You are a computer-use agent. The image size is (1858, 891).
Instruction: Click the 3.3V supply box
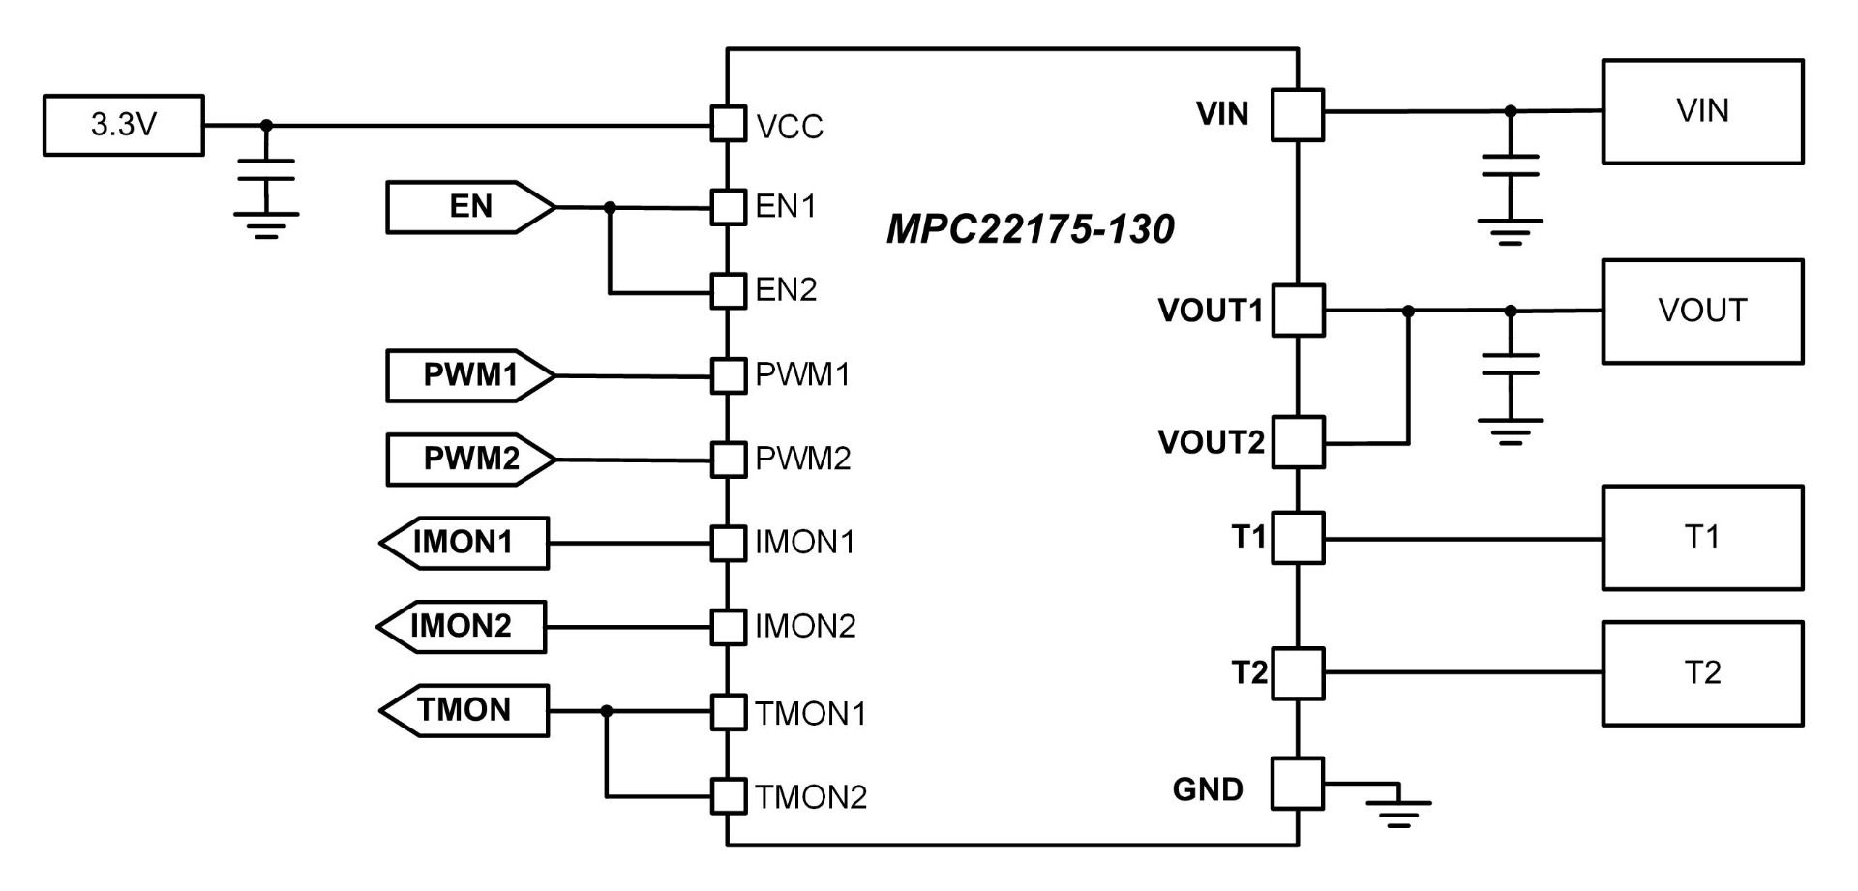click(124, 125)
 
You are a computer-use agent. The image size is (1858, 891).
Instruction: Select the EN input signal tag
click(470, 207)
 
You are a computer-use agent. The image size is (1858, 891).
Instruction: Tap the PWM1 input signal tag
click(470, 375)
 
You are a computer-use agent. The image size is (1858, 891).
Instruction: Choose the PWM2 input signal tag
click(470, 459)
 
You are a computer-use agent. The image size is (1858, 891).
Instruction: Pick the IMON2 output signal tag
click(462, 627)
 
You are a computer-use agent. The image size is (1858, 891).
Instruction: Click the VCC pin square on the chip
click(728, 124)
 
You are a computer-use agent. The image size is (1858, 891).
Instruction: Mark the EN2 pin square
click(728, 290)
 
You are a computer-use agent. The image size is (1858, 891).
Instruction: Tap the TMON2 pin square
click(728, 796)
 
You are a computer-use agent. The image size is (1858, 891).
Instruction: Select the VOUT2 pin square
click(1298, 442)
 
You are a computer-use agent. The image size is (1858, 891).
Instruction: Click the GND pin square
click(1298, 783)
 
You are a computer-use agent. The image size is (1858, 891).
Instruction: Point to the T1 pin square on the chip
click(1298, 538)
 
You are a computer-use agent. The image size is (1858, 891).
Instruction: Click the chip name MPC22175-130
click(1030, 229)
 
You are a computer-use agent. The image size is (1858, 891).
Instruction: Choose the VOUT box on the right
click(1702, 312)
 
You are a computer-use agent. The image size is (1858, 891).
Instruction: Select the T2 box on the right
click(1702, 673)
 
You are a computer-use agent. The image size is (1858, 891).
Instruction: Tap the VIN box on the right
click(1702, 111)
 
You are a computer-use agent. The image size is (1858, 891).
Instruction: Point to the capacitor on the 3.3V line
click(266, 170)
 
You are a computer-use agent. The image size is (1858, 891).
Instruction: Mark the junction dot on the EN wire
click(610, 207)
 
